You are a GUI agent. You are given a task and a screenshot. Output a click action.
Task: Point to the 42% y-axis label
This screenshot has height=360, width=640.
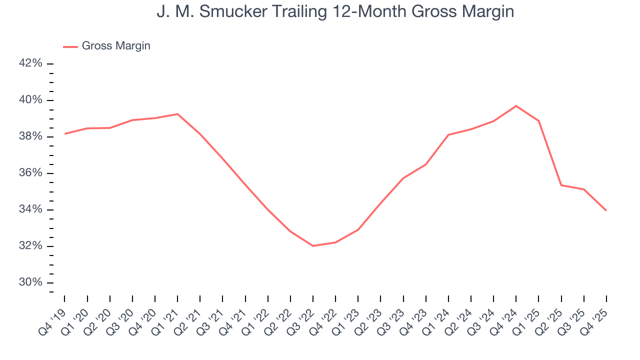31,63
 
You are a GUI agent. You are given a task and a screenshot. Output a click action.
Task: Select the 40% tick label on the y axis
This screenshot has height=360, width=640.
31,100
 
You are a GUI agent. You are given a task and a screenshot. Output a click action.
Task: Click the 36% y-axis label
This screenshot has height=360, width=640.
31,173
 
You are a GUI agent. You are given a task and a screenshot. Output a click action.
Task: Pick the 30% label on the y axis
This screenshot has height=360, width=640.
31,282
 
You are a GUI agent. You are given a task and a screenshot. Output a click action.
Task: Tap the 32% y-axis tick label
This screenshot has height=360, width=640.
31,246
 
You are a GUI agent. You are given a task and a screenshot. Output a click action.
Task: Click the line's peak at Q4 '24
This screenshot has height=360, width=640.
516,106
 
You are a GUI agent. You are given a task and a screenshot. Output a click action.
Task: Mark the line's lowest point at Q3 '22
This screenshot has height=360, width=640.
313,246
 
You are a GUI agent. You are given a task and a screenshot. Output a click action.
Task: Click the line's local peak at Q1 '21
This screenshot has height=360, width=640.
177,114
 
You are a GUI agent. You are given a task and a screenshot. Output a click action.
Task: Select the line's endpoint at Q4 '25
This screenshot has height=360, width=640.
606,210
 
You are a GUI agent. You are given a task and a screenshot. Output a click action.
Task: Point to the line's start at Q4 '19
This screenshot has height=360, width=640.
65,133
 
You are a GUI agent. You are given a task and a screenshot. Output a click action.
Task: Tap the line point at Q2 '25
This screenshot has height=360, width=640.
561,185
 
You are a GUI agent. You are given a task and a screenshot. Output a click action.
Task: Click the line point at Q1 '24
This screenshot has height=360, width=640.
448,135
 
